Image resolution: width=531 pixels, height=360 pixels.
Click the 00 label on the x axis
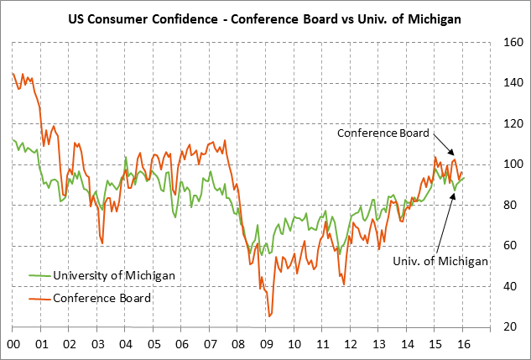[x=13, y=343]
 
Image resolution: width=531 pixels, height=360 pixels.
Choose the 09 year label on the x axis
[x=266, y=343]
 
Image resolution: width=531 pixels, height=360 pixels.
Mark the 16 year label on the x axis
[x=461, y=343]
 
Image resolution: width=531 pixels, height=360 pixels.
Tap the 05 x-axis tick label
[x=154, y=343]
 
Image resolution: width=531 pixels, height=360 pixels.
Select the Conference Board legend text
[x=102, y=298]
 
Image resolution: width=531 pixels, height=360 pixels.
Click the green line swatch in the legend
[x=38, y=275]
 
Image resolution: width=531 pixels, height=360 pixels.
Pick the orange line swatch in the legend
[x=38, y=298]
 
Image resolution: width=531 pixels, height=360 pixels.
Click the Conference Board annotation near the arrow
[x=383, y=133]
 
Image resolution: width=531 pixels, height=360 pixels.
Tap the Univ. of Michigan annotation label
[x=440, y=261]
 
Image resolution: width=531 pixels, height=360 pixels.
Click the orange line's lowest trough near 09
[x=269, y=316]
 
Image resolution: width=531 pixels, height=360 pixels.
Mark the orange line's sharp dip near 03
[x=102, y=243]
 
